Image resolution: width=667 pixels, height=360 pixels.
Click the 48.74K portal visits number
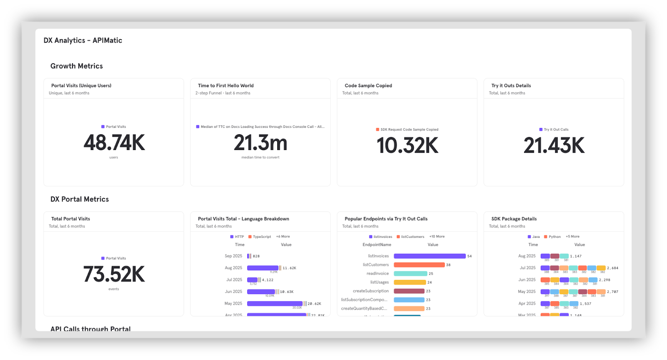coord(114,143)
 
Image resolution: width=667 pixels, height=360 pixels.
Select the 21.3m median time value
coord(261,143)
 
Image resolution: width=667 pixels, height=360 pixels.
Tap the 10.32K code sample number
coord(407,146)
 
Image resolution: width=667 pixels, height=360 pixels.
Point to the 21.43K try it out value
coord(554,146)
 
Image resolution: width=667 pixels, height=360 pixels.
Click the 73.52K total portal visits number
coord(114,275)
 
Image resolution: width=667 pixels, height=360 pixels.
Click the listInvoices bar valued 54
coord(429,256)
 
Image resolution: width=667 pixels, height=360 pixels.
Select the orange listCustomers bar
coord(419,265)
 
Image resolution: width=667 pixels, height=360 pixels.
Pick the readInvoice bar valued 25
coord(410,274)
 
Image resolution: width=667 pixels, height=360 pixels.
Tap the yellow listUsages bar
coord(409,282)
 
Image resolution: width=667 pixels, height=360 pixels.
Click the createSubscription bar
coord(409,291)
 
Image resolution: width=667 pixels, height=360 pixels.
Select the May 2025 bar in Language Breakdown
coord(274,304)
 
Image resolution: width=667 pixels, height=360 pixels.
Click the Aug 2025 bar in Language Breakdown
coord(263,268)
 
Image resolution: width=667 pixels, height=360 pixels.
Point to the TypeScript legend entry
coord(259,237)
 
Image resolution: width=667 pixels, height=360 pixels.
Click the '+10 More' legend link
coord(437,237)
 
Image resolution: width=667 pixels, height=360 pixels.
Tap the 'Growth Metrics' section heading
coord(77,66)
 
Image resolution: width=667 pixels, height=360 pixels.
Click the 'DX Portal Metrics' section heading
coord(80,200)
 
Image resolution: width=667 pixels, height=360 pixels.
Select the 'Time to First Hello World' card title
coord(226,86)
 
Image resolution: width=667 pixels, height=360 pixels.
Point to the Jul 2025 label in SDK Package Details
coord(527,268)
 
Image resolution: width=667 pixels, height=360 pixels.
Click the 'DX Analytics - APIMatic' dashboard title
coord(83,40)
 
